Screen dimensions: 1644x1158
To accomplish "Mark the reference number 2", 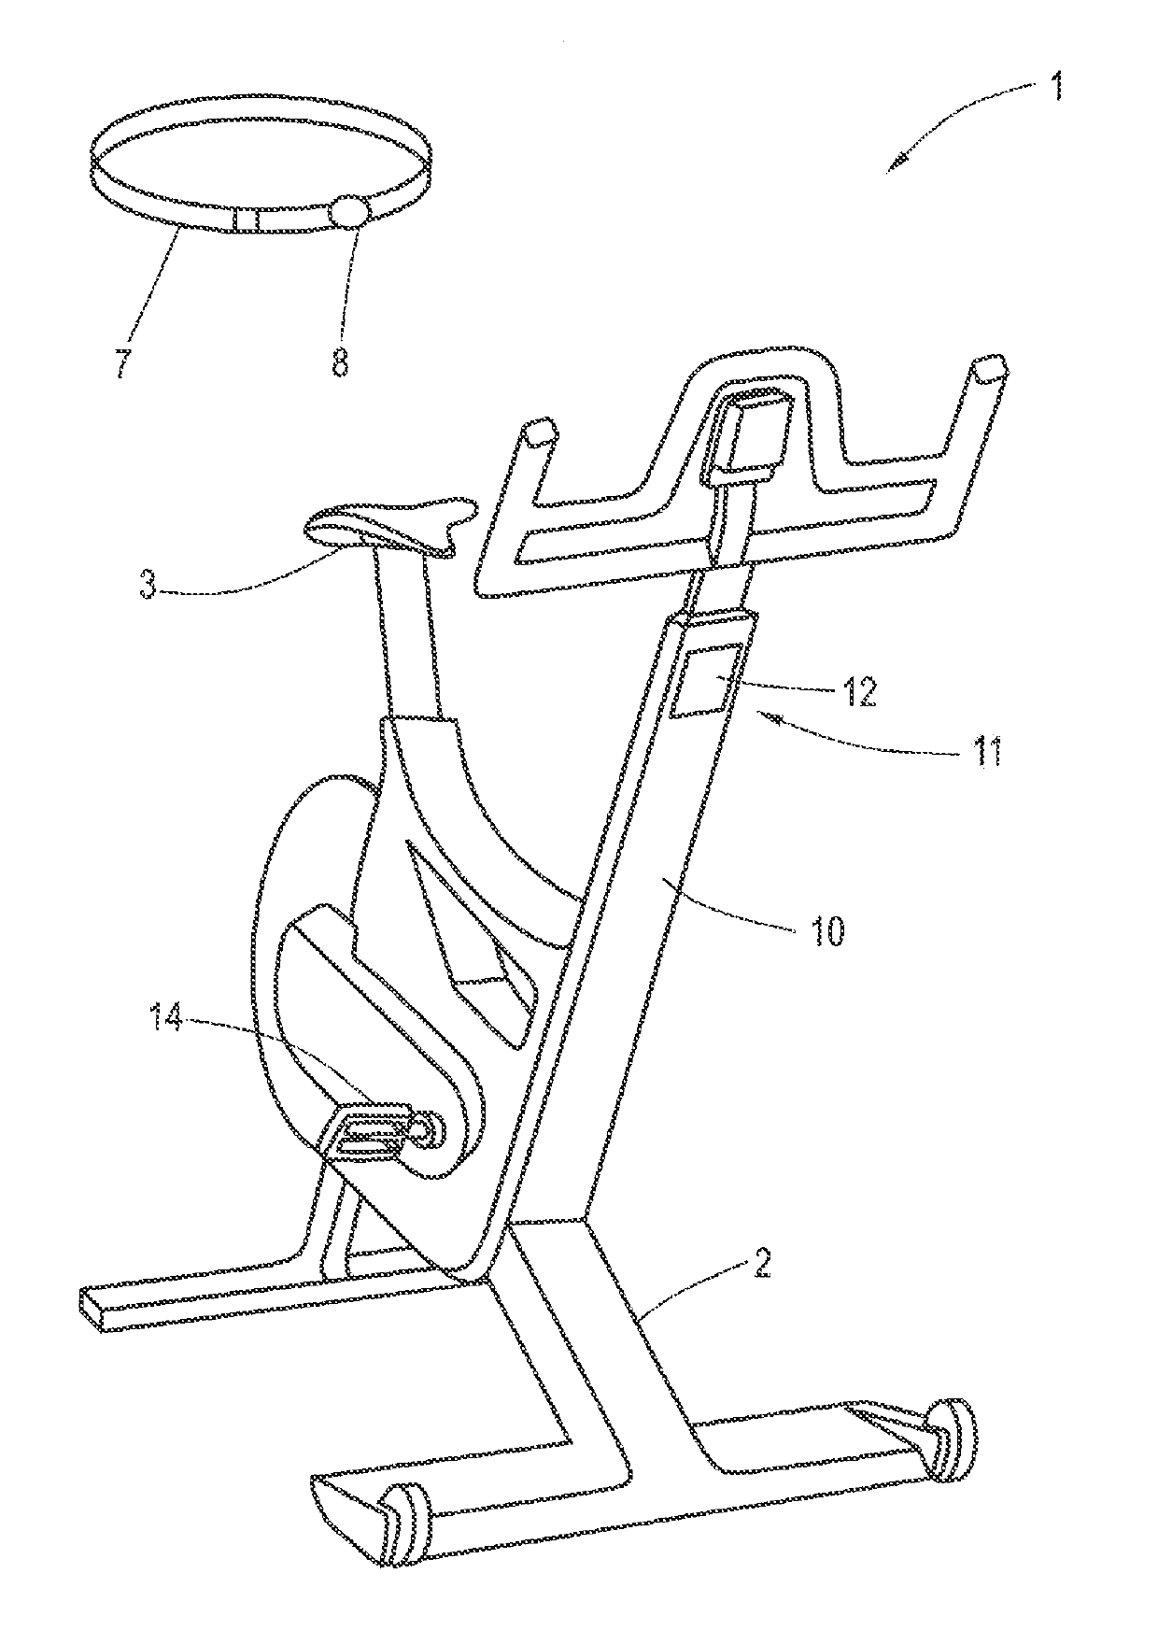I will pyautogui.click(x=763, y=1266).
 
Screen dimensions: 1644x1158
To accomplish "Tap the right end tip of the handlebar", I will pyautogui.click(x=990, y=366).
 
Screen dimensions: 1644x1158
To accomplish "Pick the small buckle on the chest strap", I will pyautogui.click(x=245, y=219).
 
